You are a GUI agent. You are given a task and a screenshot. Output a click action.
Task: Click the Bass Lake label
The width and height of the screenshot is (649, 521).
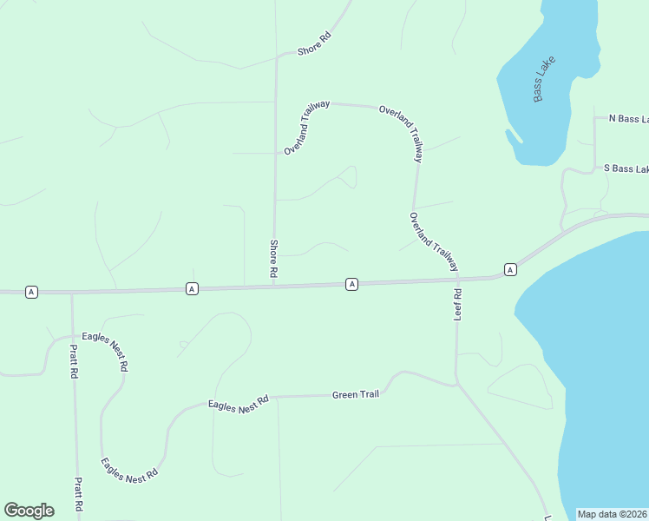(544, 79)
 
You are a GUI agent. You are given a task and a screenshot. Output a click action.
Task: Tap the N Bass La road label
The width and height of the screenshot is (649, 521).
(628, 118)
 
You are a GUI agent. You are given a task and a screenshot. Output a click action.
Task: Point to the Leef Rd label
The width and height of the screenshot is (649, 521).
(457, 305)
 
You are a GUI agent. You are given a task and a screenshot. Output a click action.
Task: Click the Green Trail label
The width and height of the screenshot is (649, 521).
(356, 395)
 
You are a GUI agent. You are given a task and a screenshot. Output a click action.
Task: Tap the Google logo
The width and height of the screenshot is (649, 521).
(29, 511)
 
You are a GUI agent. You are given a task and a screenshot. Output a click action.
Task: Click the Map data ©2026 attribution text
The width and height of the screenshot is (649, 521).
(613, 514)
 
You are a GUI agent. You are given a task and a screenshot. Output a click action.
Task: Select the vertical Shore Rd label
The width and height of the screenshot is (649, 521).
(273, 259)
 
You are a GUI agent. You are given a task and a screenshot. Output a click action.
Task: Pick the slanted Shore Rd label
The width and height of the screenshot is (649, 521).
(314, 44)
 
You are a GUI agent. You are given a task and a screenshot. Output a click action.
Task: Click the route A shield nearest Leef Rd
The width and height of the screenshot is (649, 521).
(511, 270)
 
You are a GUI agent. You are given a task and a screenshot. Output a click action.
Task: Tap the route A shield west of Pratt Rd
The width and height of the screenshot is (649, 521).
(31, 292)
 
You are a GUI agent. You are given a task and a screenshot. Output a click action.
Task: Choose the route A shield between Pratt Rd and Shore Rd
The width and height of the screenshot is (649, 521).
(192, 288)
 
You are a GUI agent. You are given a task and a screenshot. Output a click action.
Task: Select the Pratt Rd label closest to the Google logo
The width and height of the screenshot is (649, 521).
(78, 493)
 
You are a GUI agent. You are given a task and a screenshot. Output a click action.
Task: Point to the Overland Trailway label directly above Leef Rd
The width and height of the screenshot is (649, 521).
(433, 242)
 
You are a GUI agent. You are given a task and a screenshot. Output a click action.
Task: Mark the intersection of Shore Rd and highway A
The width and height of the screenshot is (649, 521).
(275, 287)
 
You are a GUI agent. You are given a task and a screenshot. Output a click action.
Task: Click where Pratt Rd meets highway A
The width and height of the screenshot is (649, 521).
(72, 292)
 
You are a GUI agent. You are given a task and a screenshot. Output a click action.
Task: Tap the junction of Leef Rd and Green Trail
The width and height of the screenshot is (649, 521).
(456, 383)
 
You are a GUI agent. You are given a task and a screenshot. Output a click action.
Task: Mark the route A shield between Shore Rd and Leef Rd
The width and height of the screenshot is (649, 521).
(351, 284)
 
